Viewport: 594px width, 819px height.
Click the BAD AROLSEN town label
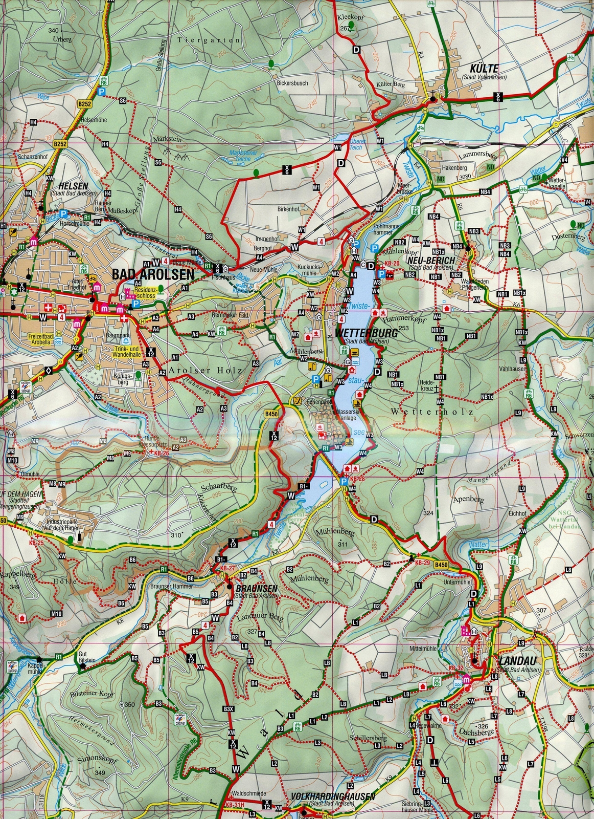(x=153, y=275)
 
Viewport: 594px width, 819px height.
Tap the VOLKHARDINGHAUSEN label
(x=332, y=797)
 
